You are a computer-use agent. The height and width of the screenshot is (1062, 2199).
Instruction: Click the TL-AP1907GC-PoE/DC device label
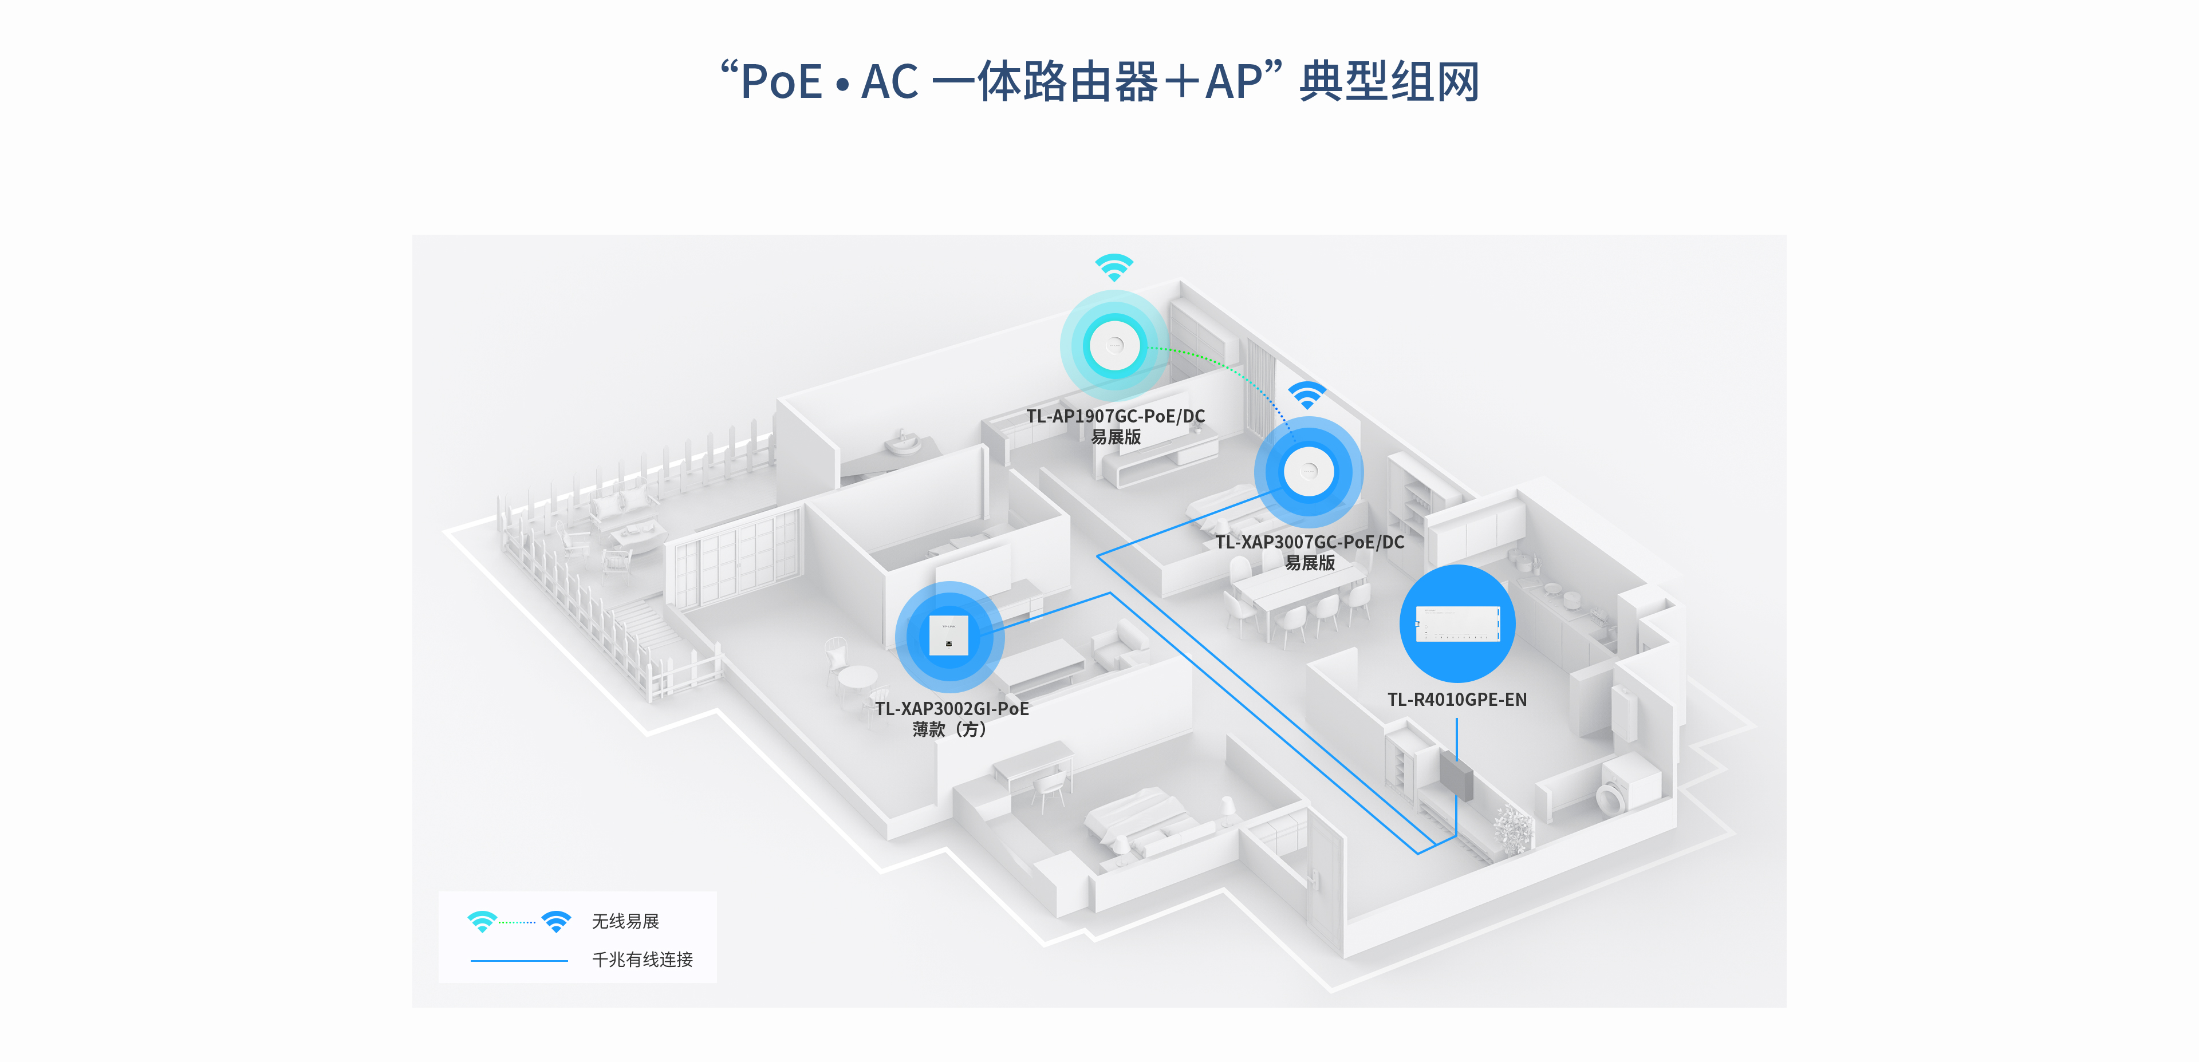point(1115,417)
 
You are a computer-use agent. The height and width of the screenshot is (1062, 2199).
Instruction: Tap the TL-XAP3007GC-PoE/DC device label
point(1310,542)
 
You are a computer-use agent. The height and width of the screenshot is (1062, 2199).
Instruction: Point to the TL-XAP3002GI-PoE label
point(952,709)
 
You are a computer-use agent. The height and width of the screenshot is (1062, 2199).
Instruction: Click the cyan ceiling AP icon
point(1114,346)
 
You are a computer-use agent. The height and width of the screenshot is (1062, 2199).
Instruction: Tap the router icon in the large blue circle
point(1457,623)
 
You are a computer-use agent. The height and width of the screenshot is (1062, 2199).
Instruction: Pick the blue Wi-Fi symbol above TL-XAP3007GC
point(1307,395)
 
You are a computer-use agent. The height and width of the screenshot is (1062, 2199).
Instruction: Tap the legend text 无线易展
point(626,921)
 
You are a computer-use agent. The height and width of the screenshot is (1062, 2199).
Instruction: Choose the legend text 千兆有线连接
point(642,960)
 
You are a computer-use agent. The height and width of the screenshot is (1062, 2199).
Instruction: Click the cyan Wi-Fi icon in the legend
point(482,921)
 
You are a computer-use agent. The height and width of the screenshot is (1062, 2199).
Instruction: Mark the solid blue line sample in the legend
point(519,961)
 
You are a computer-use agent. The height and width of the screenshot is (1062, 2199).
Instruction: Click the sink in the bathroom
point(903,443)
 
